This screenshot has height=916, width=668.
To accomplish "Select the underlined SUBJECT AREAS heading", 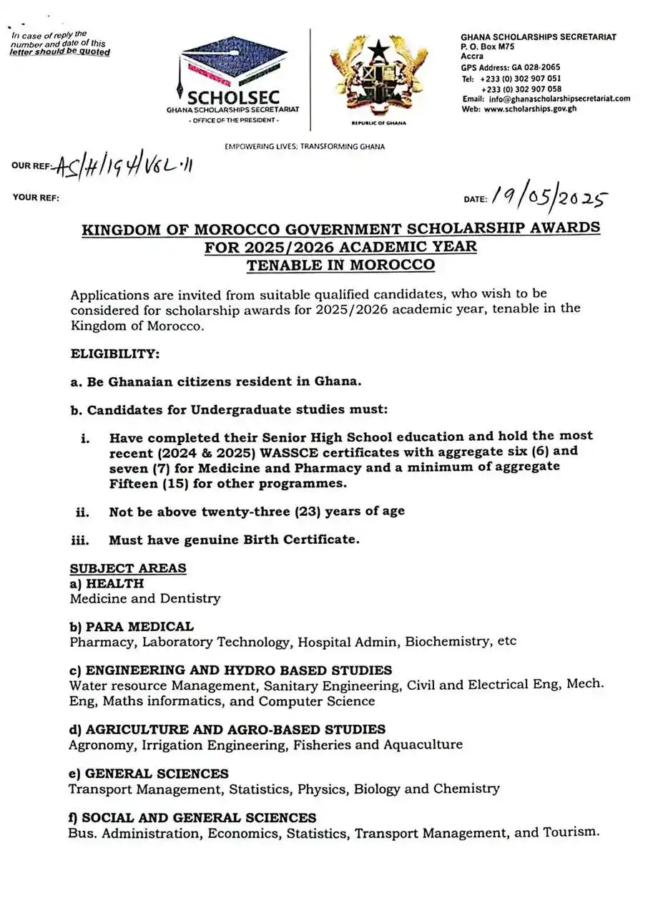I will pos(128,568).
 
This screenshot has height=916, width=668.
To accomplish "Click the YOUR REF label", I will pos(36,198).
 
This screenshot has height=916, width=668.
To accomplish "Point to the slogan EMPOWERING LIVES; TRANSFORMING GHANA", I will pos(305,147).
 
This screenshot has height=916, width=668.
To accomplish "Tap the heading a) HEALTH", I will pos(107,583).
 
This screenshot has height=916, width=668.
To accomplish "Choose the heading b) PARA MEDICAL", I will pos(132,626).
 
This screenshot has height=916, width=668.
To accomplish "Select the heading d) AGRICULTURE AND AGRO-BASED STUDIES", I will pos(227,729).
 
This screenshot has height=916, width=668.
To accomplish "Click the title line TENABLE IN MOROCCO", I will pos(340,265).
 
